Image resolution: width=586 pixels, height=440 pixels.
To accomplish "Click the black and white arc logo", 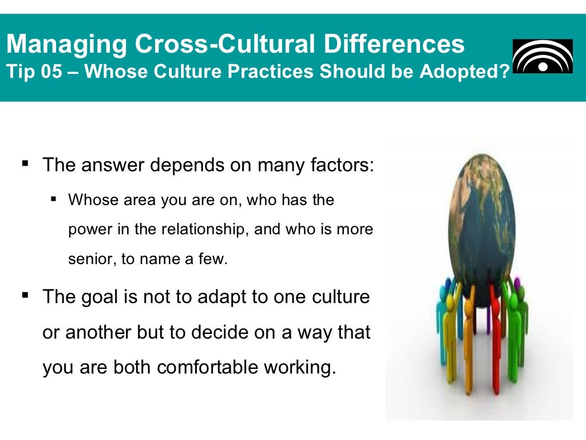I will click(x=542, y=56).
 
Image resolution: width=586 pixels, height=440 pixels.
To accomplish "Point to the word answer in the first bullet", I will click(x=113, y=166).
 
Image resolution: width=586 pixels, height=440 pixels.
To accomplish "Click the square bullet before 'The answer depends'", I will click(x=25, y=164).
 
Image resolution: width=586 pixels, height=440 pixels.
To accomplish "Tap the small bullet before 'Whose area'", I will click(x=54, y=200).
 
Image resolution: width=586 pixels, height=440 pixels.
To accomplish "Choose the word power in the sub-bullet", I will click(x=86, y=230).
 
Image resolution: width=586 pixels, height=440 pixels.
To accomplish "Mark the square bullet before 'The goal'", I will click(x=25, y=296).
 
